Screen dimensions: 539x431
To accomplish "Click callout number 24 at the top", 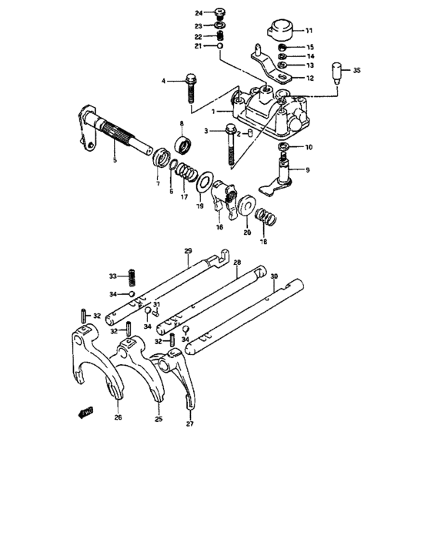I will [x=199, y=13].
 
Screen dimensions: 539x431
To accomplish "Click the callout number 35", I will [x=356, y=71].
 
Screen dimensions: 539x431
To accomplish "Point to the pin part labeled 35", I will [x=336, y=73].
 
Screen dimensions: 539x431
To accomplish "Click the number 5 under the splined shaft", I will [x=115, y=159].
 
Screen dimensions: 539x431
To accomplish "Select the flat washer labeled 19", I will [x=205, y=183].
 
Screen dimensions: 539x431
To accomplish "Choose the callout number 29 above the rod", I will [x=187, y=252].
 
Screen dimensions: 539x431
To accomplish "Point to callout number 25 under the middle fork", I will [x=159, y=419].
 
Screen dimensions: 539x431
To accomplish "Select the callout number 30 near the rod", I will [x=273, y=276].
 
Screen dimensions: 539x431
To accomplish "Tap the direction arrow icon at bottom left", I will [x=83, y=413].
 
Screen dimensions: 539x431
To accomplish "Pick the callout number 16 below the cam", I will [x=219, y=228].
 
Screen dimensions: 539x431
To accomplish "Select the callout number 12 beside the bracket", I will [x=309, y=78].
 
